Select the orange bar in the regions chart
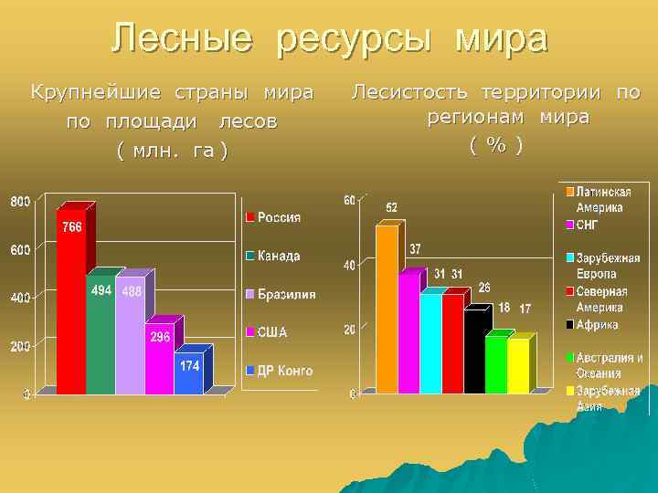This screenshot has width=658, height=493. pos(387,310)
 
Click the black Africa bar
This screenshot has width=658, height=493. pos(475,351)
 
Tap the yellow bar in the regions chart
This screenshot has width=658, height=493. pos(518,365)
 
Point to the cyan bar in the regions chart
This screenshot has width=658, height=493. pos(430,342)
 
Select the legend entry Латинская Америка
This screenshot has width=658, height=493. pos(603,199)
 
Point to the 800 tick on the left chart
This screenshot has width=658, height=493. pos(20,201)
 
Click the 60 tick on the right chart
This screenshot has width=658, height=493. pos(349,200)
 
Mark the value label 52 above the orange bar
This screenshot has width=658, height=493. pos(391,206)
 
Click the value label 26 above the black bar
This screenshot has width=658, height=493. pos(484,287)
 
